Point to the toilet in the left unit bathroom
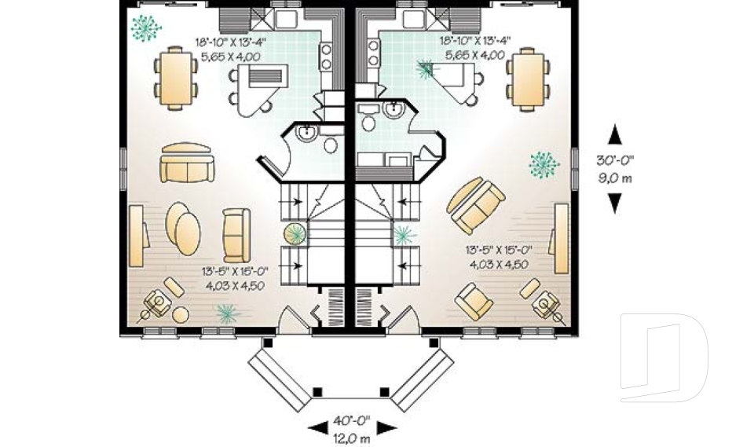329,145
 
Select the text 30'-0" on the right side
615,160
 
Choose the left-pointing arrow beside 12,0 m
317,429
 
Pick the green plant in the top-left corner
145,27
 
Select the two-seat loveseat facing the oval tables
234,235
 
